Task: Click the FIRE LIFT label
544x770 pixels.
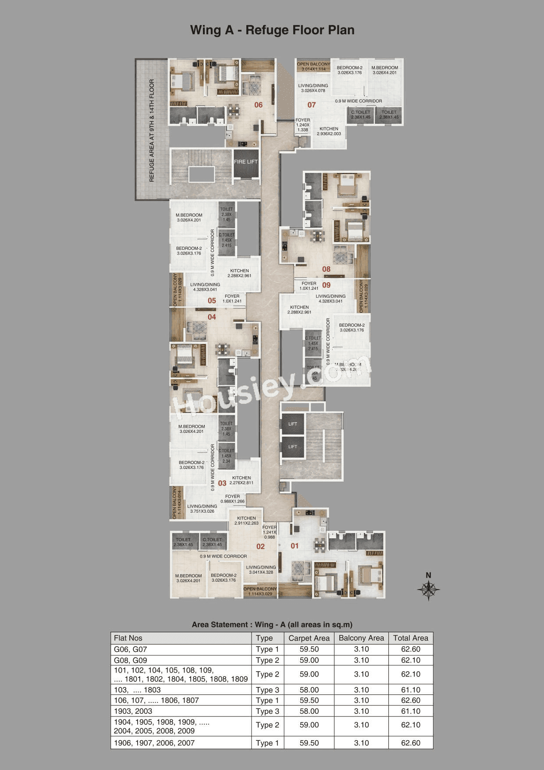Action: click(246, 162)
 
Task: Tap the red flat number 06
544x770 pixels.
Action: click(259, 105)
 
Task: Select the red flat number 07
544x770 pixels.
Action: click(311, 105)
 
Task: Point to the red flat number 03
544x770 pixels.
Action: click(222, 483)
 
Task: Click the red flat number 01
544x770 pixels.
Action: click(295, 546)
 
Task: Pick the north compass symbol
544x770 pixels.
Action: click(429, 589)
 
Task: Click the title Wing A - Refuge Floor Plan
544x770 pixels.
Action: click(272, 30)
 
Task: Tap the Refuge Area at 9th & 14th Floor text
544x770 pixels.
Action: click(152, 130)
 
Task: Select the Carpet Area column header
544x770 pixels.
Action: click(309, 638)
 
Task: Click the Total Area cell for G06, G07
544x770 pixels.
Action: click(410, 649)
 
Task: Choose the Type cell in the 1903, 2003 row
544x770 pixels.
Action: click(267, 711)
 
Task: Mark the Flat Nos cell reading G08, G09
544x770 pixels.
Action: click(131, 660)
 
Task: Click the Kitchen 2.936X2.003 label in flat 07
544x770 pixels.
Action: click(329, 131)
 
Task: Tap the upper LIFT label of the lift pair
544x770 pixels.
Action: click(293, 424)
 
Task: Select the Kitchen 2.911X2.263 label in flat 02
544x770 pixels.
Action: click(246, 521)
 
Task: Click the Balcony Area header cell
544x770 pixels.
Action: click(361, 638)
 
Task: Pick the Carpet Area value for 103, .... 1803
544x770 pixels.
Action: click(309, 690)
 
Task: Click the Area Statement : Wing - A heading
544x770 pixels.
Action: click(272, 625)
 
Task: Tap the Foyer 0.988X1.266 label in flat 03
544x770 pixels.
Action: click(232, 499)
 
